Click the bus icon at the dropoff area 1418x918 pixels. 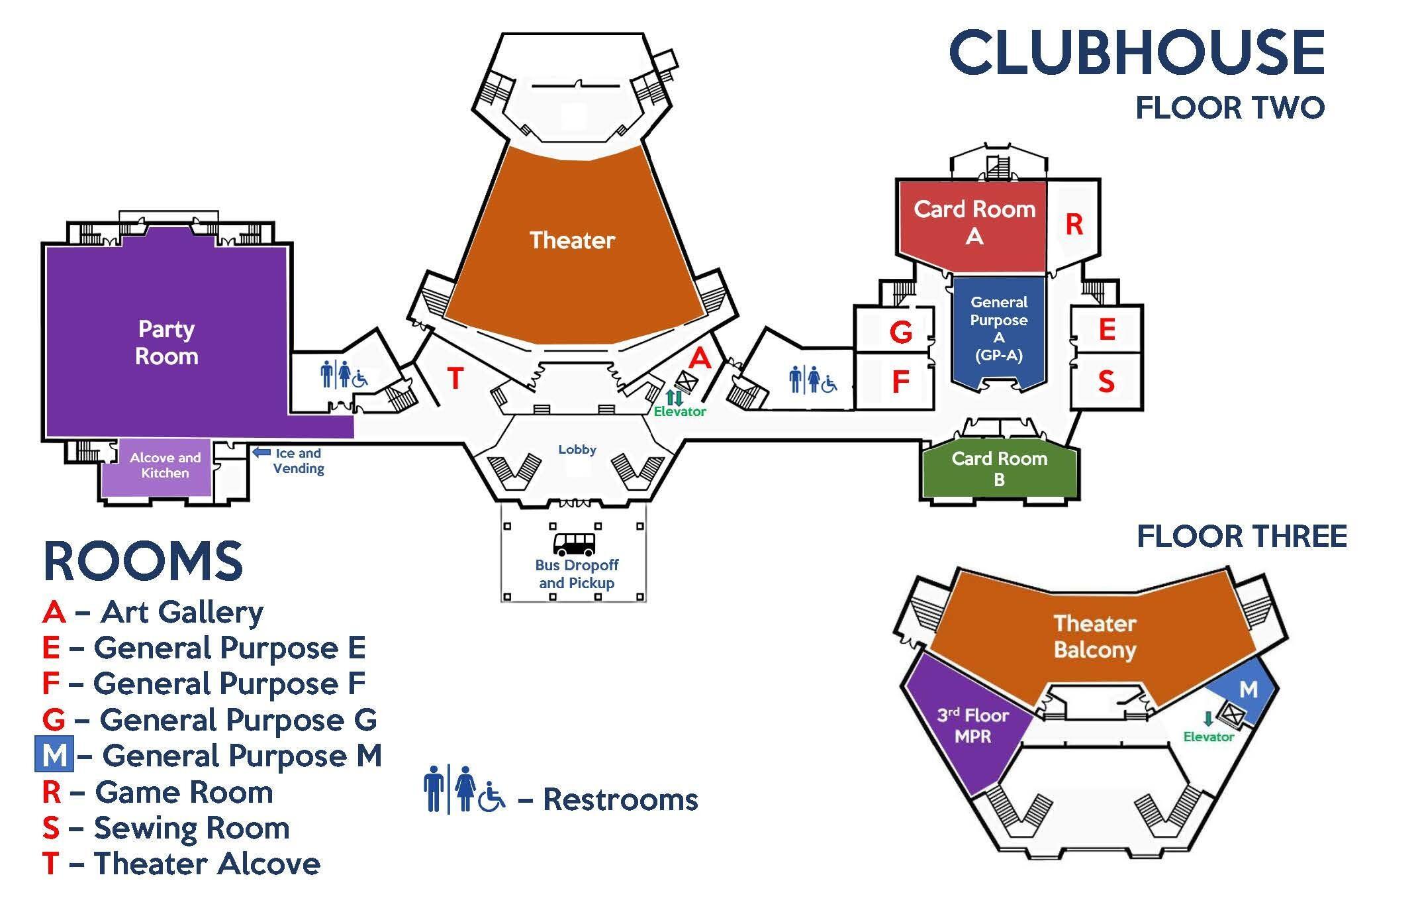(574, 544)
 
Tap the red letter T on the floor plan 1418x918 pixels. (455, 378)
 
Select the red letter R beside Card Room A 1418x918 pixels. (1074, 225)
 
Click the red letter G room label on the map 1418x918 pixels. (900, 332)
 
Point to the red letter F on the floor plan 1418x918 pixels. (900, 382)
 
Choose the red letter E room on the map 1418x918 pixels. (1107, 330)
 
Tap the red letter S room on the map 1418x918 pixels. (1106, 382)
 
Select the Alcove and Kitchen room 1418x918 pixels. (165, 466)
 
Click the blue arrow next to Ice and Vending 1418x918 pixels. (262, 453)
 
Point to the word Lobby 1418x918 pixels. (577, 450)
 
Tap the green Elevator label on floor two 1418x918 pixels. (680, 411)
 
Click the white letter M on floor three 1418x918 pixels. (1248, 689)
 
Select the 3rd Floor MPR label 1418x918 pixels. (972, 725)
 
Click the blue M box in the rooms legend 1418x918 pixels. (54, 756)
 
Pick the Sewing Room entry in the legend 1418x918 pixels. (165, 828)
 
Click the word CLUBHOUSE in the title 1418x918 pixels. (1137, 52)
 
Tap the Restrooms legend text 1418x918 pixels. (620, 799)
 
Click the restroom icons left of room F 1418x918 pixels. (813, 380)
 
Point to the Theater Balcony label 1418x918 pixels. (1095, 637)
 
